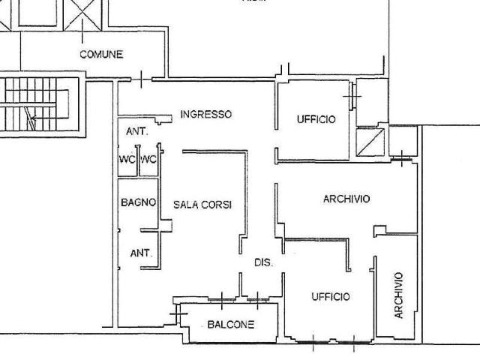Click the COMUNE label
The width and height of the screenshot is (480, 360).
(101, 55)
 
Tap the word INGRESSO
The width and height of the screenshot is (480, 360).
(206, 115)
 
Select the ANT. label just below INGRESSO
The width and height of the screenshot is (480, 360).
(137, 132)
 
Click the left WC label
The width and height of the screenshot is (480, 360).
(127, 160)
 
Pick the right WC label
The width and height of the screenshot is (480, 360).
(148, 160)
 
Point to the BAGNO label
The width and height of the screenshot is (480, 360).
(138, 202)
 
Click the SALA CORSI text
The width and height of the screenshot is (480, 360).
(202, 205)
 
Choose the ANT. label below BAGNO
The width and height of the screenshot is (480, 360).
(141, 253)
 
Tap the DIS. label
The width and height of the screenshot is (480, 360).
(263, 262)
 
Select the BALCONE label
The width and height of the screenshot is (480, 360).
(231, 324)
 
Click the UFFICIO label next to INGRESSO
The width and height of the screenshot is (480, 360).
(316, 119)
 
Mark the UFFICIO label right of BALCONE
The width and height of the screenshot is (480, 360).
(331, 296)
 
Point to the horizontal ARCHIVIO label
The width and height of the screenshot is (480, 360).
(346, 199)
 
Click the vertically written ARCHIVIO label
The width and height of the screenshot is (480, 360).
(398, 295)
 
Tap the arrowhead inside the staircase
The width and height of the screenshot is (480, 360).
(33, 118)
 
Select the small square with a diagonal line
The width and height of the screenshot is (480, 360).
(370, 142)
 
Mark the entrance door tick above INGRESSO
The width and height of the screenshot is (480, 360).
(141, 79)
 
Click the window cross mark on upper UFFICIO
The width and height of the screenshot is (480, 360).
(352, 96)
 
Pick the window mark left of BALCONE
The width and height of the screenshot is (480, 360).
(178, 313)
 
